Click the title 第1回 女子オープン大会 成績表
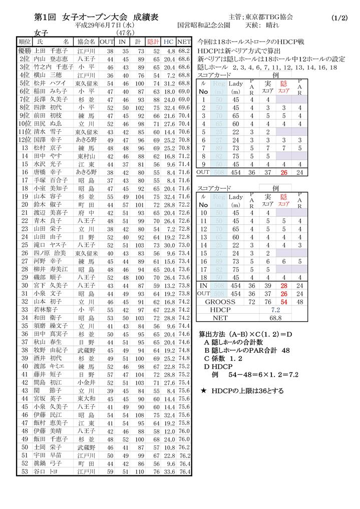click(x=96, y=17)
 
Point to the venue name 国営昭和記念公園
click(x=204, y=25)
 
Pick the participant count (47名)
click(x=123, y=33)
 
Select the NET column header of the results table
click(x=184, y=42)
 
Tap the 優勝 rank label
click(x=25, y=51)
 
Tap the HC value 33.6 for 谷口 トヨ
click(x=170, y=471)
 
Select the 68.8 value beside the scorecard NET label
click(x=275, y=318)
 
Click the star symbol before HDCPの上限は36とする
click(x=203, y=390)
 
